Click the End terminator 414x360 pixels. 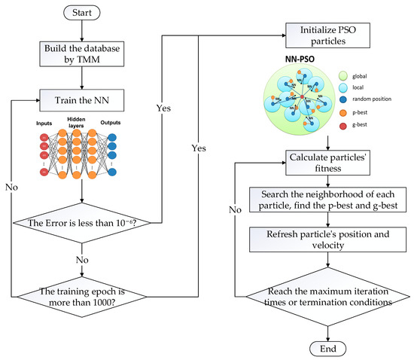(326, 349)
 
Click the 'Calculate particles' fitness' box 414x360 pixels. (326, 162)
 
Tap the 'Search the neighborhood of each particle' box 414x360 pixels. (326, 199)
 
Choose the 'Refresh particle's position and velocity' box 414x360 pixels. (326, 239)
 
